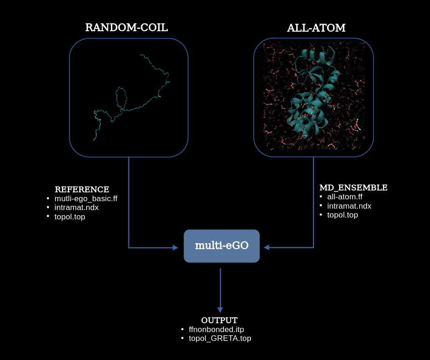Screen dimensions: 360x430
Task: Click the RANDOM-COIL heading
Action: coord(126,27)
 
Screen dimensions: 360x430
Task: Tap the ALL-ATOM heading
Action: coord(316,28)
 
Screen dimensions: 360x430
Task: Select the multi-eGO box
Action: coord(222,246)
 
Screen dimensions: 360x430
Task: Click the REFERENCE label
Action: coord(82,190)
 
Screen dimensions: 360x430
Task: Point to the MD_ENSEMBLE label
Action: coord(353,188)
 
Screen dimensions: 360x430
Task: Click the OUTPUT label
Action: coord(219,320)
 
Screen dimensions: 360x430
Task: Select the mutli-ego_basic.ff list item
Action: coord(86,199)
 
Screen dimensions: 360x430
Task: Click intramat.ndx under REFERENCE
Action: coord(76,208)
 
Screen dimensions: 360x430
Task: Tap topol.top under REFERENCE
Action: coord(70,217)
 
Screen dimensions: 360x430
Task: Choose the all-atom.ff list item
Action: coord(345,197)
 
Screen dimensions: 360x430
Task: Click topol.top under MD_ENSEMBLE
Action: coord(343,215)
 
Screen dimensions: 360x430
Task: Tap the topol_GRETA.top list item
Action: coord(220,339)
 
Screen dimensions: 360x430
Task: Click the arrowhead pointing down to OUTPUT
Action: coord(220,310)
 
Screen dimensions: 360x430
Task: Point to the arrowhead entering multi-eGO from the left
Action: coord(175,248)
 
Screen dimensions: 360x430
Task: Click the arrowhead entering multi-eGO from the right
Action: coord(266,247)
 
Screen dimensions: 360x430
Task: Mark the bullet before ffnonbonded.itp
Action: coord(183,329)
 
